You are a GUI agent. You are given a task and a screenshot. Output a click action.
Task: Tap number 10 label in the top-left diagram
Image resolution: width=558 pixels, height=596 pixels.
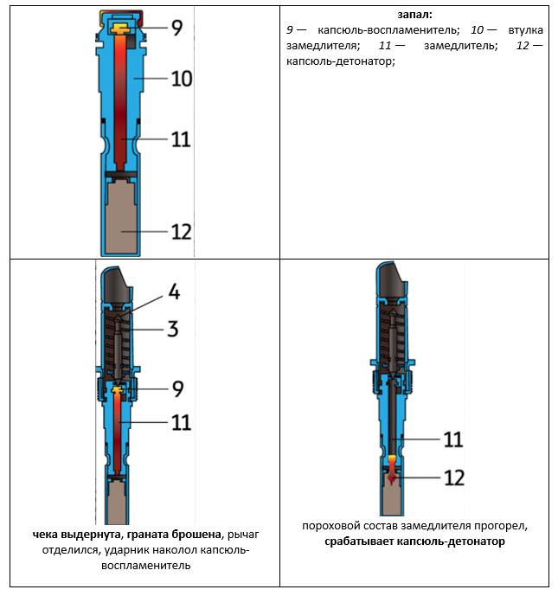click(181, 79)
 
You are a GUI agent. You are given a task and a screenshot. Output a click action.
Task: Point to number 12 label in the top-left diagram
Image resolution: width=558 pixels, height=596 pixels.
click(181, 231)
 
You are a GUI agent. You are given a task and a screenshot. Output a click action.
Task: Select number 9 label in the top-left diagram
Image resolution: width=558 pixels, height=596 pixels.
click(176, 27)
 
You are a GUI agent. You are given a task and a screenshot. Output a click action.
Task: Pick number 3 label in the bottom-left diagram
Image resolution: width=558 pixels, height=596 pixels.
click(174, 328)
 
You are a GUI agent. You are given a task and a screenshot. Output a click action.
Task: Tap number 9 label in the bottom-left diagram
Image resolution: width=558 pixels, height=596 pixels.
click(176, 389)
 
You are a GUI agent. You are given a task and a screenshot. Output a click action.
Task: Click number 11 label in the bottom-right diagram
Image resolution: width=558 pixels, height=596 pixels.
click(453, 439)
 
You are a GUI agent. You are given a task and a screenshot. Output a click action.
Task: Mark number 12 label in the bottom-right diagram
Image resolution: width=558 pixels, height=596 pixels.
click(453, 477)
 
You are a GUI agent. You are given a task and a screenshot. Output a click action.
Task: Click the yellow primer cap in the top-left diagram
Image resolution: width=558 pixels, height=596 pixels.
click(120, 30)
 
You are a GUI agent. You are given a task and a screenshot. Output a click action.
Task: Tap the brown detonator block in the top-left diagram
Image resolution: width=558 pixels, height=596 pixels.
click(120, 216)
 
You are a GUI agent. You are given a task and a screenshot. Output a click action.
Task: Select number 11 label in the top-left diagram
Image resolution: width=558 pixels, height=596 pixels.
click(181, 138)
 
